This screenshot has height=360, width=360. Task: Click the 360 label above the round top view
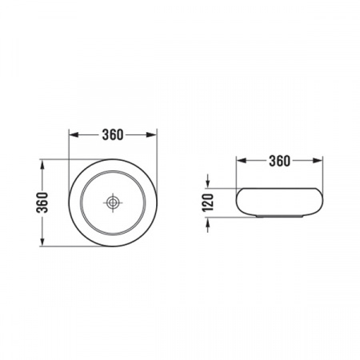[113, 135]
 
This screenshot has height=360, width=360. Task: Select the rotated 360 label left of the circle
[42, 202]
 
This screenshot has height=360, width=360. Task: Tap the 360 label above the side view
[279, 161]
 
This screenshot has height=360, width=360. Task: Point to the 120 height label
[208, 202]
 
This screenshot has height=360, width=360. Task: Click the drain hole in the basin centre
[113, 202]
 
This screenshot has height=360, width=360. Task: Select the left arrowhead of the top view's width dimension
[74, 134]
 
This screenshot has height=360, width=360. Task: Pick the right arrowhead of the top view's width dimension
[152, 134]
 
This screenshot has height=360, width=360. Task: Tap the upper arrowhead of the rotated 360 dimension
[42, 164]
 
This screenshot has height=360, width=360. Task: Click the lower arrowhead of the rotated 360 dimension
[42, 242]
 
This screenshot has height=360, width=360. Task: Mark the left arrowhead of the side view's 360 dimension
[241, 161]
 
